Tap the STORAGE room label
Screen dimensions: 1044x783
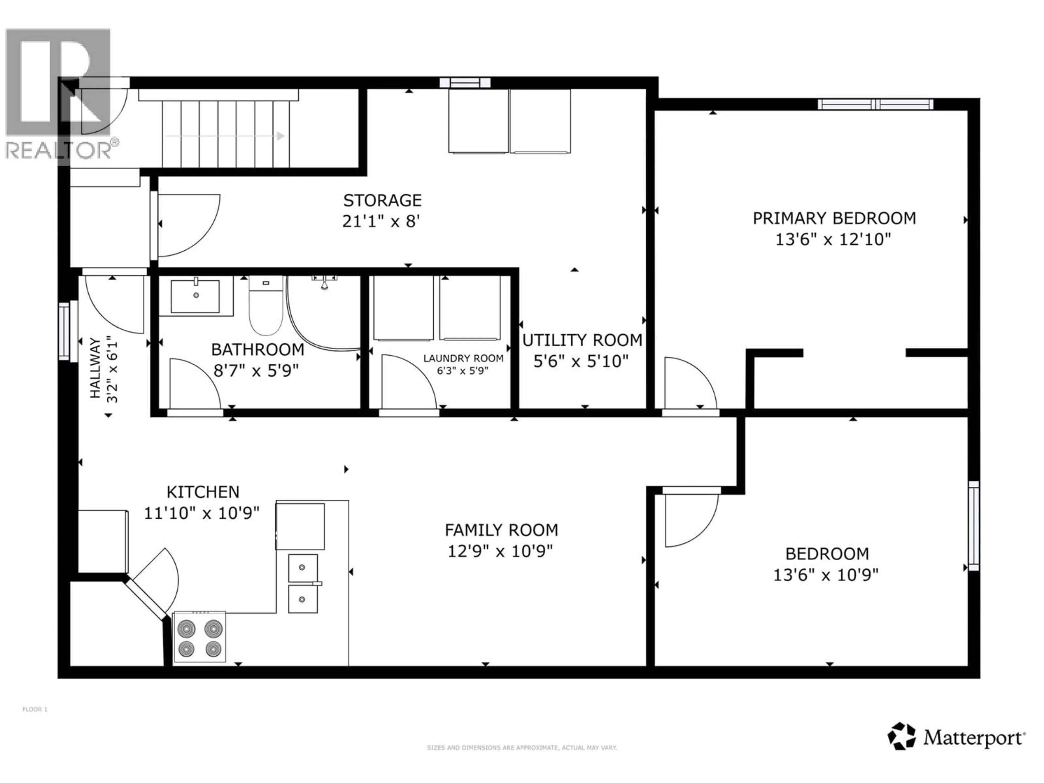pos(382,201)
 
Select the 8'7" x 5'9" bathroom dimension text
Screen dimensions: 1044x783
pos(256,371)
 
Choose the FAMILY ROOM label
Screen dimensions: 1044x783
pos(501,530)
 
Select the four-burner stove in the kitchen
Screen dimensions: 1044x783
pos(200,637)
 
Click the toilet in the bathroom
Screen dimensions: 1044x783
pos(266,304)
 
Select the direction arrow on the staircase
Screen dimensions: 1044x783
pos(225,136)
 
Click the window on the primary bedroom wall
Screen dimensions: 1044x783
pos(875,104)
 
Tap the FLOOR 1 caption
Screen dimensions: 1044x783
pos(35,709)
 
